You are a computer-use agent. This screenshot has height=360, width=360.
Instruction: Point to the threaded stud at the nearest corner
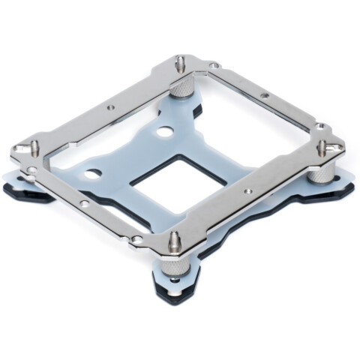175,241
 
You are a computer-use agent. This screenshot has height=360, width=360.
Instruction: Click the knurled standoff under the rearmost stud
181,88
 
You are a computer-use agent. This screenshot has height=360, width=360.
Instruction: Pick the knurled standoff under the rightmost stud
320,171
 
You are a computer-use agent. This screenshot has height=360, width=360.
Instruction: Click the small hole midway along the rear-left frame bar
111,107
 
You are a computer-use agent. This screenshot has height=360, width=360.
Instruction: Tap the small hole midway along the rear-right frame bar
264,96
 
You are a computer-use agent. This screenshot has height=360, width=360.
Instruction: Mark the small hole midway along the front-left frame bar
85,202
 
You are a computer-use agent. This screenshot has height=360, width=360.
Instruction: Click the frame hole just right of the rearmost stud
214,66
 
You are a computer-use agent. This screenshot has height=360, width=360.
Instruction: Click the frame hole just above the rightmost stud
319,125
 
